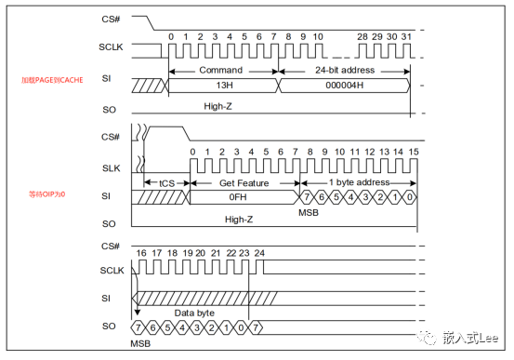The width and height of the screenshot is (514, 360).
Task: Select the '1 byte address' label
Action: coord(361,182)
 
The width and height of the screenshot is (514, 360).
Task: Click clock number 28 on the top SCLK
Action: coord(362,36)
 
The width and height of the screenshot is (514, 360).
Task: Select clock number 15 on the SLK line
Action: coord(414,151)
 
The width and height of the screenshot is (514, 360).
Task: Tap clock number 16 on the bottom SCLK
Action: coord(141,252)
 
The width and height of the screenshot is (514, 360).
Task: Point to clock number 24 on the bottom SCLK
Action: coord(259,252)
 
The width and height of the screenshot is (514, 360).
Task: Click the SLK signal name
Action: coord(111,167)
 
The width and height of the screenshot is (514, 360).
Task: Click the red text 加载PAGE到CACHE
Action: coord(52,80)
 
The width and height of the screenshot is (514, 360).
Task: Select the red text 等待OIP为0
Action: coord(49,194)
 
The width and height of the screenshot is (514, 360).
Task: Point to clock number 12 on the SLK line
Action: coord(369,151)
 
